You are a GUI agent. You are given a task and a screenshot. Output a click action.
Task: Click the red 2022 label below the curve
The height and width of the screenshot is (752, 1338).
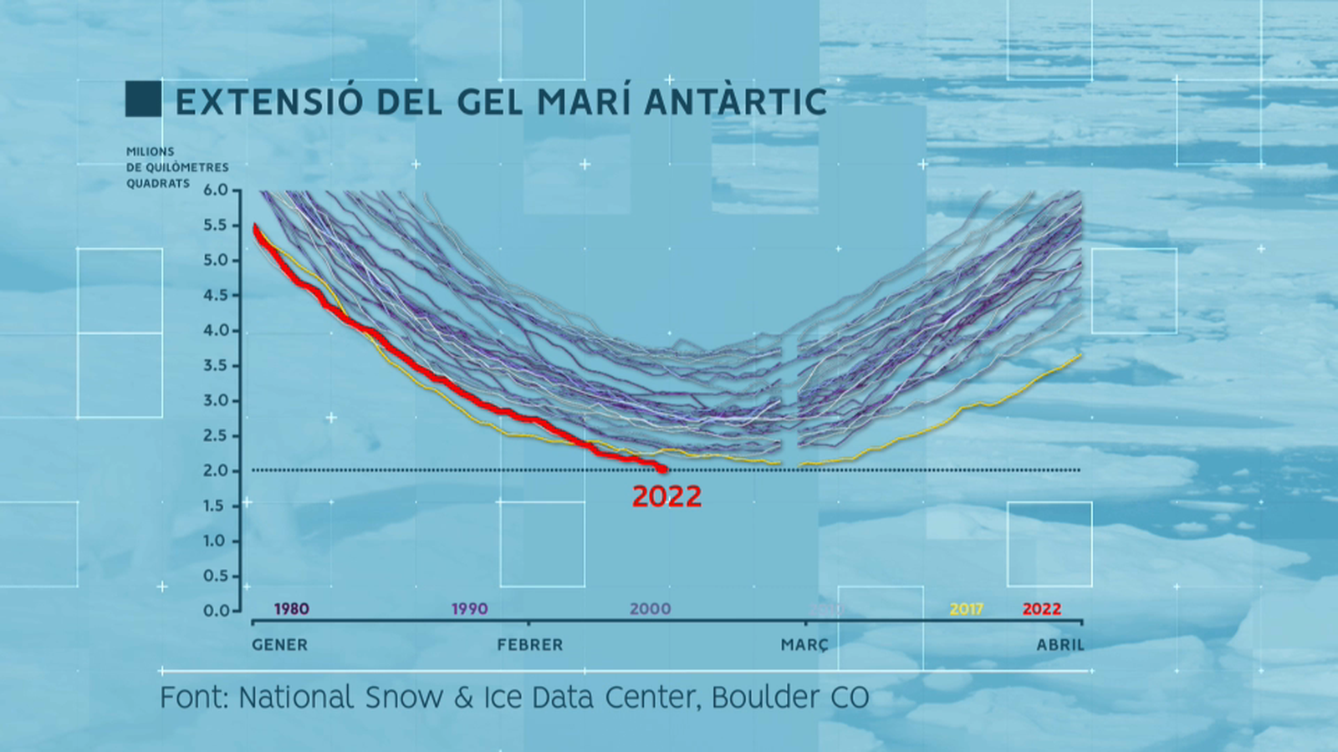tap(666, 496)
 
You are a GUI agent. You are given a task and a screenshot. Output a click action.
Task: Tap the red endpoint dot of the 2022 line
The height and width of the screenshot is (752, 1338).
tap(663, 469)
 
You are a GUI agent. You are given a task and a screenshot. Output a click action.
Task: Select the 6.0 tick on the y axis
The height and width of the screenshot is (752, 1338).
tap(216, 190)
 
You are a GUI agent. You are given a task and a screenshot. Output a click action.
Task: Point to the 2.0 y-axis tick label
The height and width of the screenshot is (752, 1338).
tap(216, 470)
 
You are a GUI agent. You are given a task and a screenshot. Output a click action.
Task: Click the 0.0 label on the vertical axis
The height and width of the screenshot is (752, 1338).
tap(216, 611)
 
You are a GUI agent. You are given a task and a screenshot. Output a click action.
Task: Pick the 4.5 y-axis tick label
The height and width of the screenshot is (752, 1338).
tap(216, 295)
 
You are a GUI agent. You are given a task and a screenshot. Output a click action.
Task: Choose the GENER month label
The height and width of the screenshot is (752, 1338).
tap(279, 645)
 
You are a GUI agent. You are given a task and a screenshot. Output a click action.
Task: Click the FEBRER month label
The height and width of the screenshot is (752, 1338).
tap(529, 645)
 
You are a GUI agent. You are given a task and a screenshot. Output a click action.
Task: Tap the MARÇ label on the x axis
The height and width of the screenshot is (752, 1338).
tap(804, 645)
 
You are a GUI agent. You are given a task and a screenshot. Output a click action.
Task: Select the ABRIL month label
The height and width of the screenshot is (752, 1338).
tap(1060, 645)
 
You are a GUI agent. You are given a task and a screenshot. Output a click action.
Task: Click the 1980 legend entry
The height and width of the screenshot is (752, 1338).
tap(291, 609)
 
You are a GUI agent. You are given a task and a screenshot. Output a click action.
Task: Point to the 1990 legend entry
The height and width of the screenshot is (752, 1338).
tap(469, 609)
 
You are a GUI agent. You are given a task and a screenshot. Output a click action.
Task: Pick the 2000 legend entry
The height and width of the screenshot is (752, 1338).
tap(650, 609)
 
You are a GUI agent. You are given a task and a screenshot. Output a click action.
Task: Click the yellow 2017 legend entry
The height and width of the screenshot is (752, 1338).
tap(966, 609)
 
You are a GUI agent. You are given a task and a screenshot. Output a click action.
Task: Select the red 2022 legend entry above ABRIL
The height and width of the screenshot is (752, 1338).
tap(1041, 609)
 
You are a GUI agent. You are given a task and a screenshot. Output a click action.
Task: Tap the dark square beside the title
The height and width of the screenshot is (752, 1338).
tap(143, 99)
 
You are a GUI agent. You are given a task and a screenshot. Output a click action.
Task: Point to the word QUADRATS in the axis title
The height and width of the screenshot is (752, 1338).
tap(158, 183)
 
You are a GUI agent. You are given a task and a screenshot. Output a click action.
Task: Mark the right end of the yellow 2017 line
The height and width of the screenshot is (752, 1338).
tap(1080, 355)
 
